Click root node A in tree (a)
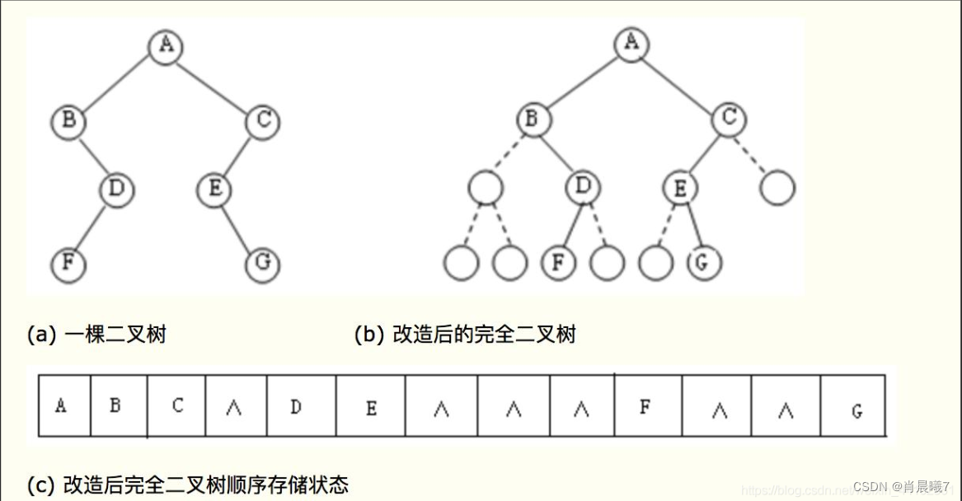[166, 45]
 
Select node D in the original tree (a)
[116, 190]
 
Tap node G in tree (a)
[263, 265]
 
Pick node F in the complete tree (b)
[558, 264]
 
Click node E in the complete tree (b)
[679, 189]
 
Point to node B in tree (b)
[532, 119]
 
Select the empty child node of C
[777, 189]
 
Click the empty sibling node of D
[485, 189]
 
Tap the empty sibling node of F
[608, 264]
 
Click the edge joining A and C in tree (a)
[214, 82]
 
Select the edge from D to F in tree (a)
[91, 227]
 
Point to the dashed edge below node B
[508, 155]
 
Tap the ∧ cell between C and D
[235, 406]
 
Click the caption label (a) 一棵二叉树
[96, 334]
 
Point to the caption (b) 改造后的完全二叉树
[465, 334]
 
